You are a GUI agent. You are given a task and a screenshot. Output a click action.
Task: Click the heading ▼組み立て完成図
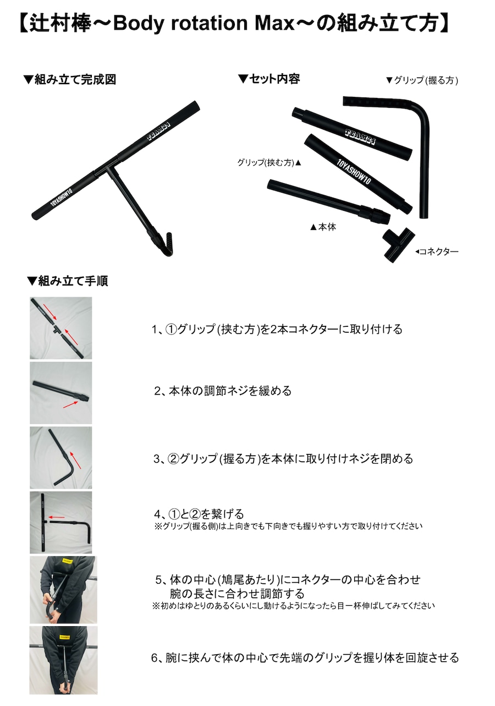point(69,80)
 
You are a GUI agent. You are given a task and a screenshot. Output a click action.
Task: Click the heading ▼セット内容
point(269,79)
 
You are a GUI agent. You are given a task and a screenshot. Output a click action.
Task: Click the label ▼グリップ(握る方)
point(422,80)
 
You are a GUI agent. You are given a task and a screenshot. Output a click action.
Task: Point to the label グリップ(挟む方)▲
point(269,163)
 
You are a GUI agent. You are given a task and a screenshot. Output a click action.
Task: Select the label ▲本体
point(323,227)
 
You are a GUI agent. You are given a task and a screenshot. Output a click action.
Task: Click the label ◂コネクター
point(437,251)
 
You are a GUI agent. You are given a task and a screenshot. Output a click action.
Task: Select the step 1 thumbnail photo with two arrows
point(61,328)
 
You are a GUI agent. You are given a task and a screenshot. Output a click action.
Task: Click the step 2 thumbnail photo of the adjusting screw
point(61,392)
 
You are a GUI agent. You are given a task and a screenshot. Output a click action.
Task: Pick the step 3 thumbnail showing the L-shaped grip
point(61,457)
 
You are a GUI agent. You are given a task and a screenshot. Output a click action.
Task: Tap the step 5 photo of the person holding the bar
point(63,589)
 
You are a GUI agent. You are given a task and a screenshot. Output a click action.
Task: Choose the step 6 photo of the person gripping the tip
point(63,660)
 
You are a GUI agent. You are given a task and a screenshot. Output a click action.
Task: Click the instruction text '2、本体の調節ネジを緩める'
point(222,391)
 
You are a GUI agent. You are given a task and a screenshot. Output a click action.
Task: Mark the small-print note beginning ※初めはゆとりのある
point(293,606)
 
